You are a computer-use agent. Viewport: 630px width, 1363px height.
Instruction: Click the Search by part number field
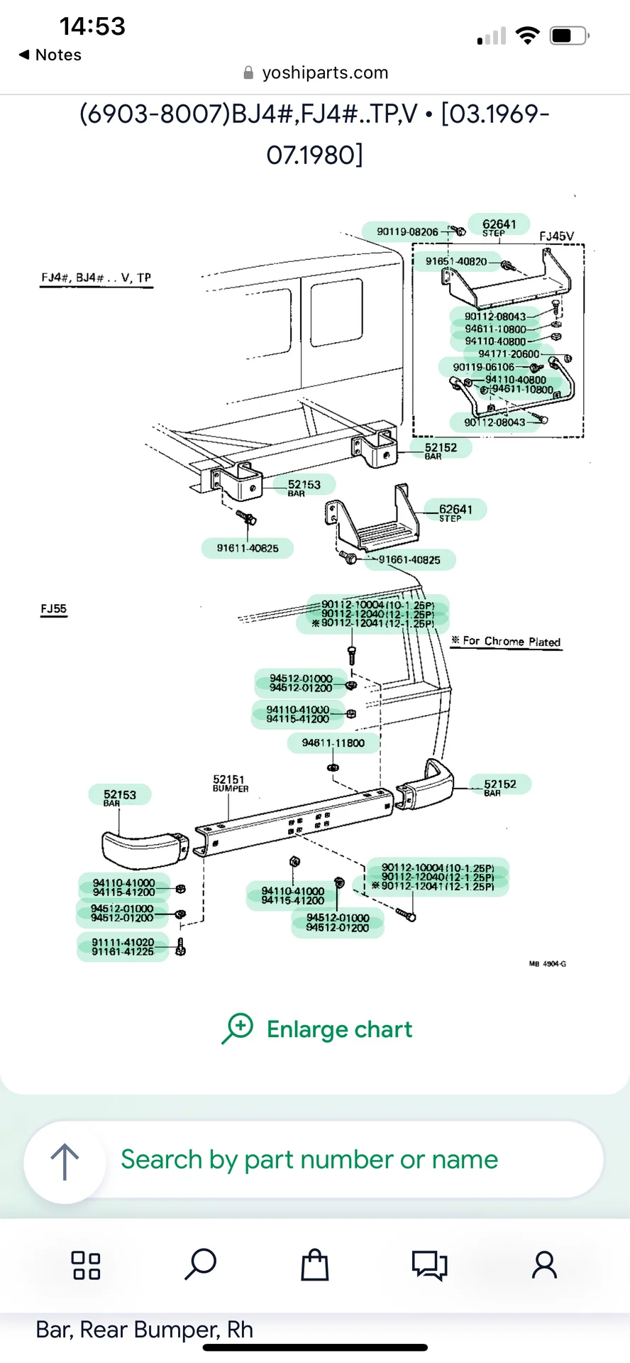tap(309, 1159)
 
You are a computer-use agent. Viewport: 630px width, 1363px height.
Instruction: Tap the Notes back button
tap(50, 55)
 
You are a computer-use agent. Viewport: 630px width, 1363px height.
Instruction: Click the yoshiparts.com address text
tap(324, 72)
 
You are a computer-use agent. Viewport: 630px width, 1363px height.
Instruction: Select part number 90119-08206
tap(407, 231)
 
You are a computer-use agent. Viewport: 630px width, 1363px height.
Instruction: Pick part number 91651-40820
tap(456, 261)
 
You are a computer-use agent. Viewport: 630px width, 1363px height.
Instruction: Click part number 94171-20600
tap(509, 354)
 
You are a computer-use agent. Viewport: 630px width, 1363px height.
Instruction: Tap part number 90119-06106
tap(484, 367)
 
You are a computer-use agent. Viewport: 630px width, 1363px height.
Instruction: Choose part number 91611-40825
tap(248, 548)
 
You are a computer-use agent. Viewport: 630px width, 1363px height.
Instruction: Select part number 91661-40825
tap(409, 559)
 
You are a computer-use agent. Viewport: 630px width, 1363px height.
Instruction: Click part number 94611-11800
tap(333, 743)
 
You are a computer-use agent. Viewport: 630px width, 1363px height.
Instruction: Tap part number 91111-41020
tap(123, 942)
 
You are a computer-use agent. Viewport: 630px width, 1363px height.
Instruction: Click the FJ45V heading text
tap(556, 236)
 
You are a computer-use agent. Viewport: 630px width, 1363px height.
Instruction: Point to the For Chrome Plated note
tap(511, 641)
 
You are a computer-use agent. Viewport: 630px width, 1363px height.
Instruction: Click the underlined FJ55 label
tap(54, 608)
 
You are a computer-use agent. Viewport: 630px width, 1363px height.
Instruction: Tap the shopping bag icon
tap(315, 1264)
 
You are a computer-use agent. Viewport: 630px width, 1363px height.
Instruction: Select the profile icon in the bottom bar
tap(544, 1264)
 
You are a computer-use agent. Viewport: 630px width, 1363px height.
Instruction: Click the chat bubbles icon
tap(429, 1264)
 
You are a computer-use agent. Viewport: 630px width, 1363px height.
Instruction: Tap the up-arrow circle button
tap(65, 1161)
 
